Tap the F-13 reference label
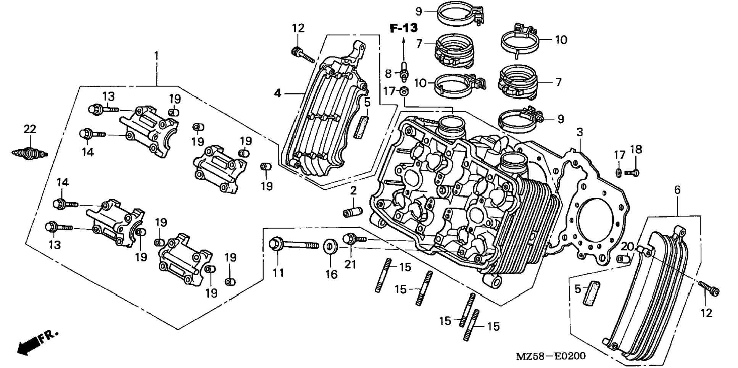click(x=403, y=27)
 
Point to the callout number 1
click(x=156, y=56)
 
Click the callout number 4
click(x=277, y=93)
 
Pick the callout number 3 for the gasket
click(x=580, y=132)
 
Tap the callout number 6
click(x=677, y=190)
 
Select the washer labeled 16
click(x=330, y=247)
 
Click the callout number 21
click(x=350, y=264)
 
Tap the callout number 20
click(x=627, y=247)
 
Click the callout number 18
click(x=636, y=149)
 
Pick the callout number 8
click(x=388, y=73)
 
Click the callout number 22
click(x=30, y=129)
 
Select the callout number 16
click(x=331, y=274)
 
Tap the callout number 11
click(x=278, y=273)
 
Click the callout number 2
click(x=353, y=190)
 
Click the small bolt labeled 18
click(x=632, y=173)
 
